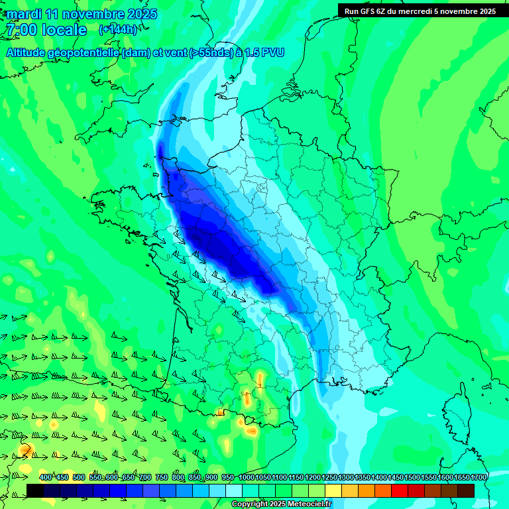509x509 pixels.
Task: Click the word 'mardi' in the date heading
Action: [x=24, y=14]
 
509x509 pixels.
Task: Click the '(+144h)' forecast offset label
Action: [x=118, y=29]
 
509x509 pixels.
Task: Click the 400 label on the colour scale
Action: [x=45, y=477]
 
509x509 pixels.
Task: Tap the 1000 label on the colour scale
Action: [x=246, y=477]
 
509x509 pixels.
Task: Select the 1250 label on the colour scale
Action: [x=329, y=477]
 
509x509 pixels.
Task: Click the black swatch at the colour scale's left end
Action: [x=35, y=490]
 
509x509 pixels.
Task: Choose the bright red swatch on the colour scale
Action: [x=400, y=490]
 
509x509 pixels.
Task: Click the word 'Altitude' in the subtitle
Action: [x=30, y=52]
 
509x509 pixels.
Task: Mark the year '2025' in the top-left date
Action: [x=142, y=14]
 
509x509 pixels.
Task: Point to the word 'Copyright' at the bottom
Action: [x=251, y=504]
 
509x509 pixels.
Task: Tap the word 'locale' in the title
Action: [x=64, y=30]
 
